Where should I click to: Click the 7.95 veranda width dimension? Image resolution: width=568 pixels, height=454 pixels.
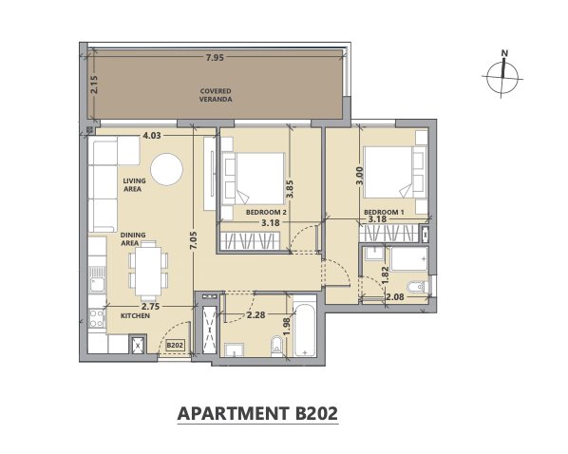click(215, 57)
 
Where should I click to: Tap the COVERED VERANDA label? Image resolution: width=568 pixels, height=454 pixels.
click(216, 95)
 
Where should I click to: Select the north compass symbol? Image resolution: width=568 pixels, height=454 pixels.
click(502, 74)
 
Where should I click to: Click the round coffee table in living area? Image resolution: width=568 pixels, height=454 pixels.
click(166, 169)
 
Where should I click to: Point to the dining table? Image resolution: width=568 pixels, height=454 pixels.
click(148, 271)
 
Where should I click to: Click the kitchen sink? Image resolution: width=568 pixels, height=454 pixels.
click(97, 280)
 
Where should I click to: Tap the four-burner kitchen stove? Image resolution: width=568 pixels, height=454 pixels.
click(97, 319)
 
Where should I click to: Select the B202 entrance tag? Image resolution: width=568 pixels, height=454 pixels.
click(175, 345)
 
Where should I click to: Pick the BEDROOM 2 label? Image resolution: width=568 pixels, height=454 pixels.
click(266, 212)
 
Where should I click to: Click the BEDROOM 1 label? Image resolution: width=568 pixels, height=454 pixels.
click(384, 212)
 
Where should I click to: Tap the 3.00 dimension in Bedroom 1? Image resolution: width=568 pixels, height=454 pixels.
click(359, 176)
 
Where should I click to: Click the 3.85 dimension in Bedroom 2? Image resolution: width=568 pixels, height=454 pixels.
click(290, 190)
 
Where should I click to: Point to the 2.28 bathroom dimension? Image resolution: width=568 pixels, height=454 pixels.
click(256, 315)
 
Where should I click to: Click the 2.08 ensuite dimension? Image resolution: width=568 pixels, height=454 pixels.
click(395, 297)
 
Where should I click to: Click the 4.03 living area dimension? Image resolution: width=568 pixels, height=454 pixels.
click(152, 136)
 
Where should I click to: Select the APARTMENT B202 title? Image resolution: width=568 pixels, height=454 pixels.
click(257, 413)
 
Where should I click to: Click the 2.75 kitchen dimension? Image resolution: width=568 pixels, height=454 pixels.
click(150, 306)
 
